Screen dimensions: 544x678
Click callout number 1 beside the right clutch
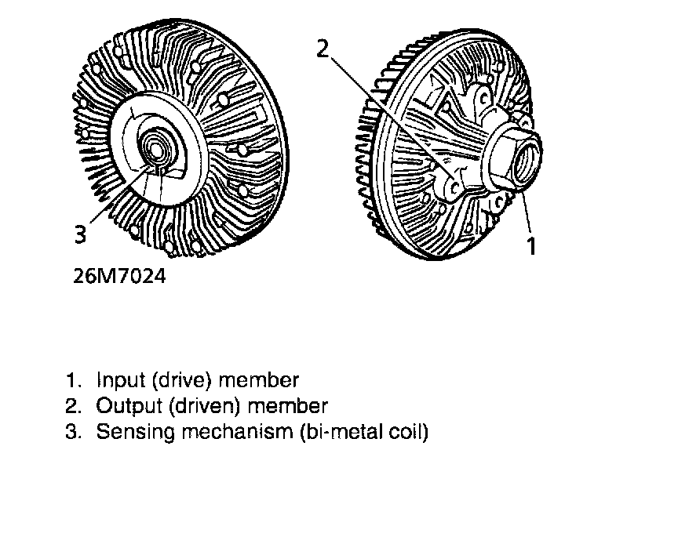click(531, 245)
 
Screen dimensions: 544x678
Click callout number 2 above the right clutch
click(323, 49)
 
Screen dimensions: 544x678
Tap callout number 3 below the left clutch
click(79, 234)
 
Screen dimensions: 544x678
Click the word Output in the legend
click(122, 406)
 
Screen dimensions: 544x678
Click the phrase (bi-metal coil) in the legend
click(363, 432)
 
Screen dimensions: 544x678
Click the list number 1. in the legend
click(74, 381)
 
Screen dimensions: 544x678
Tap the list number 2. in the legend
click(74, 406)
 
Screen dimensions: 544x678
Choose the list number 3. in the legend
click(74, 432)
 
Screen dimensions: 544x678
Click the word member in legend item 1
click(259, 381)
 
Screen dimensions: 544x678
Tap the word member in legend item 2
click(288, 406)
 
